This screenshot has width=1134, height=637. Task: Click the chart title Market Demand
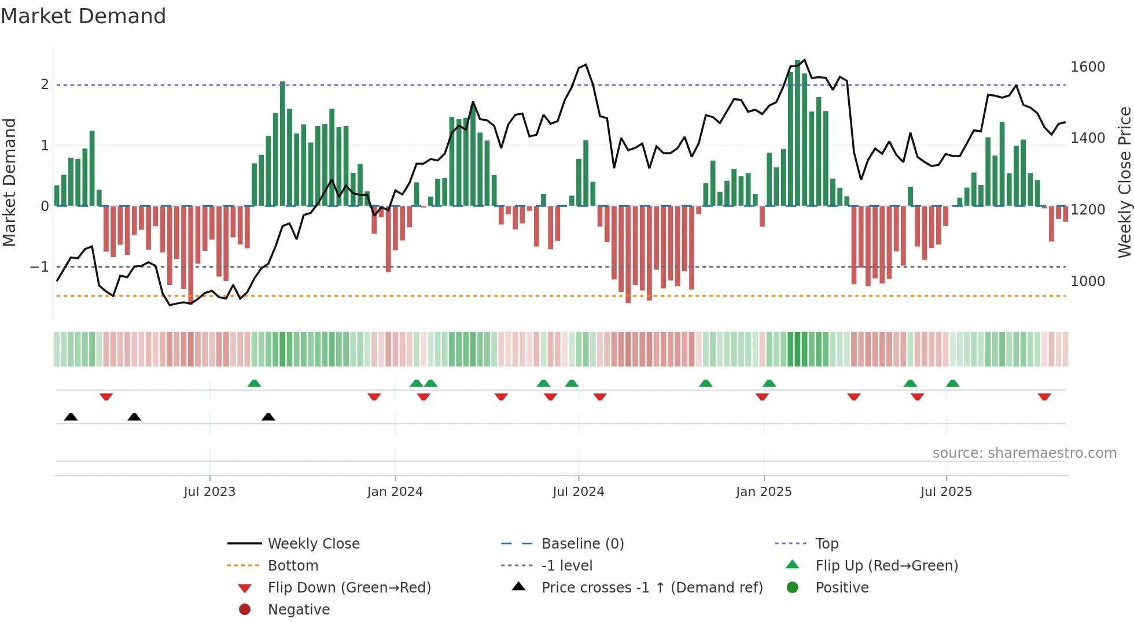click(83, 16)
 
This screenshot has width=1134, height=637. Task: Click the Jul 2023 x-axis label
click(209, 492)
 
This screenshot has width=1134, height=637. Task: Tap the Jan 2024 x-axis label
click(395, 492)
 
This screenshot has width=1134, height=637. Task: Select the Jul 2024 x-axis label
click(578, 492)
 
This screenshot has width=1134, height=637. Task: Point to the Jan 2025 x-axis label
click(764, 492)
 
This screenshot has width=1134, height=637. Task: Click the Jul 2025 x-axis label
click(946, 492)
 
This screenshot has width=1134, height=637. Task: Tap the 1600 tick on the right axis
click(1088, 67)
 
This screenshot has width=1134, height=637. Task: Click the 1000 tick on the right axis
click(1088, 282)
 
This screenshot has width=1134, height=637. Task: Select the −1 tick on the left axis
click(39, 267)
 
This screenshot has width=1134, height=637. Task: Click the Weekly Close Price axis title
click(1124, 182)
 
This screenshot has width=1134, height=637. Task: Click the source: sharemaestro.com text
click(1024, 453)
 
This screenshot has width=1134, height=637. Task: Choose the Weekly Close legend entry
click(313, 544)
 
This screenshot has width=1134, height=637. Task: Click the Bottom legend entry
click(293, 566)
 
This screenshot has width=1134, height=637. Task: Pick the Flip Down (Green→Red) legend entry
click(349, 588)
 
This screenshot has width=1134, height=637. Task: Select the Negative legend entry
click(299, 610)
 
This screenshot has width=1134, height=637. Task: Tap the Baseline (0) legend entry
click(582, 544)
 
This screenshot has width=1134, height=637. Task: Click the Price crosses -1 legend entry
click(651, 588)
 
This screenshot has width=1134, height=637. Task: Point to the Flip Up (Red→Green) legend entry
click(886, 566)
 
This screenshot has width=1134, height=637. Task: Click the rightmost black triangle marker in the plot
click(268, 417)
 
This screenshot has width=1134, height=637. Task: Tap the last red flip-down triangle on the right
click(1044, 397)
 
